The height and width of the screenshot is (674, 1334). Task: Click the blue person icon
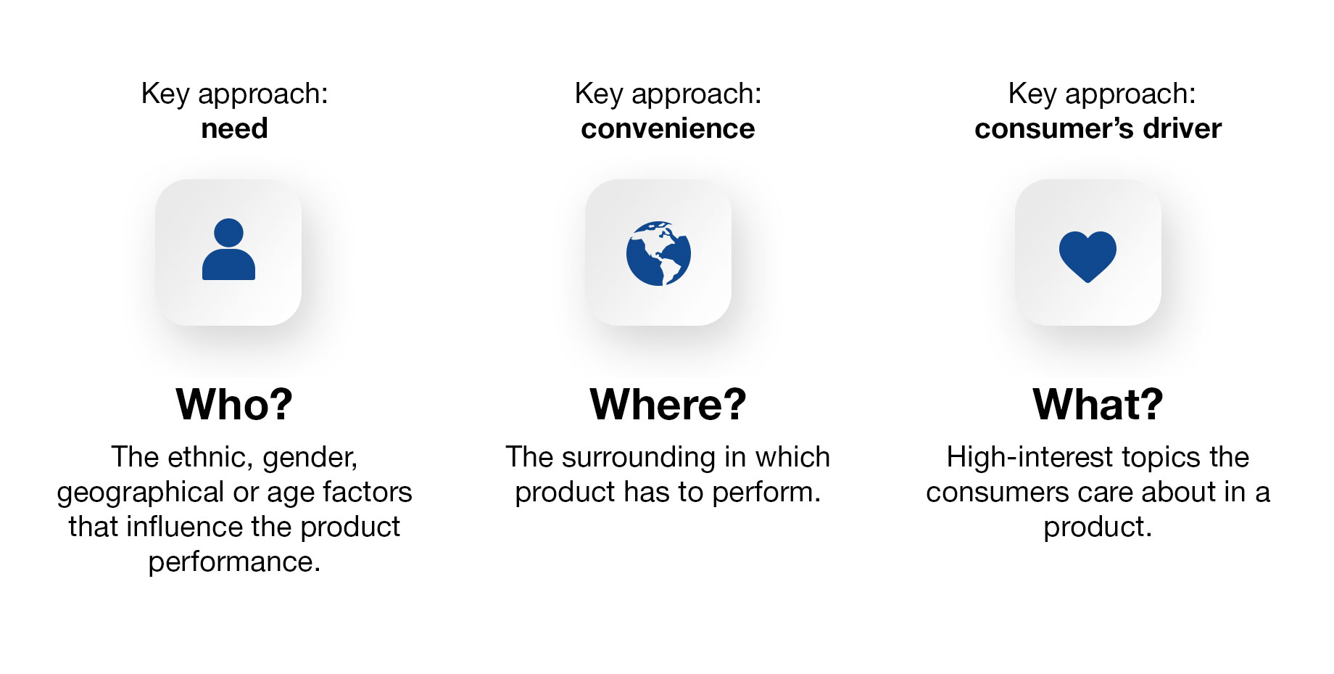pyautogui.click(x=228, y=249)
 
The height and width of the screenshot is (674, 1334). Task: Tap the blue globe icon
pyautogui.click(x=658, y=253)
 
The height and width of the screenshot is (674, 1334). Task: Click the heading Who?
pyautogui.click(x=234, y=404)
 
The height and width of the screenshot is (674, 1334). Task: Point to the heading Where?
pyautogui.click(x=668, y=404)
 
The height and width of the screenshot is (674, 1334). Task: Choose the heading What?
pyautogui.click(x=1098, y=404)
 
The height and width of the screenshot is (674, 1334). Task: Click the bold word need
pyautogui.click(x=234, y=128)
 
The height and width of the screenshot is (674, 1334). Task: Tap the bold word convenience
pyautogui.click(x=668, y=128)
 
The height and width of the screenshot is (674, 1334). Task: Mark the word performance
pyautogui.click(x=234, y=562)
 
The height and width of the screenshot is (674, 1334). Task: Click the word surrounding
pyautogui.click(x=639, y=458)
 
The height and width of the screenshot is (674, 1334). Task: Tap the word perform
pyautogui.click(x=766, y=493)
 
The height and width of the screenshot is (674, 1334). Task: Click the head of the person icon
pyautogui.click(x=228, y=232)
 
